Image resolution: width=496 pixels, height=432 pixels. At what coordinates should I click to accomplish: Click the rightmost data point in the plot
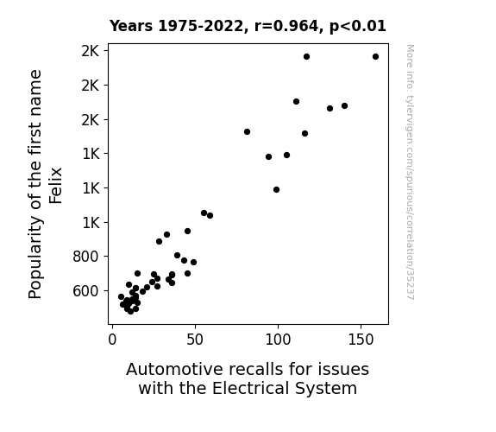pyautogui.click(x=375, y=57)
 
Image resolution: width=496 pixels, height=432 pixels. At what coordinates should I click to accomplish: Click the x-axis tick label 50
pyautogui.click(x=195, y=340)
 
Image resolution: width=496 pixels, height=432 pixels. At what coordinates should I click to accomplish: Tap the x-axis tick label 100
pyautogui.click(x=278, y=340)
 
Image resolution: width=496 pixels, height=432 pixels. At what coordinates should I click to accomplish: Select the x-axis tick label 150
pyautogui.click(x=361, y=340)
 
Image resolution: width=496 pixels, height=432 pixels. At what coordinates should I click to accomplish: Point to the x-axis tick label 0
pyautogui.click(x=112, y=340)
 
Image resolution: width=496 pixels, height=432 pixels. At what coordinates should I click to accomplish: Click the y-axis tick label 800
pyautogui.click(x=85, y=257)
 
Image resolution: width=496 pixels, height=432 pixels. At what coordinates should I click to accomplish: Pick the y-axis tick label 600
pyautogui.click(x=85, y=291)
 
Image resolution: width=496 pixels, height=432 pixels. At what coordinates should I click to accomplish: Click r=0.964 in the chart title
pyautogui.click(x=286, y=26)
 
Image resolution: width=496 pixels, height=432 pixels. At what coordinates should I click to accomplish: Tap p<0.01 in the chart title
pyautogui.click(x=358, y=26)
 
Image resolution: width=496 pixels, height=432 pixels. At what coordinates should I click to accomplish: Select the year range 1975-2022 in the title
pyautogui.click(x=200, y=26)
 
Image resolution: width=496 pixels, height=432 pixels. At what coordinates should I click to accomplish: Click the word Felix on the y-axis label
pyautogui.click(x=56, y=186)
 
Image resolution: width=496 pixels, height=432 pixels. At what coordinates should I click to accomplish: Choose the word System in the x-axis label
pyautogui.click(x=326, y=389)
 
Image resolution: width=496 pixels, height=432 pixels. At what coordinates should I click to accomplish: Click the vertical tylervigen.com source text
pyautogui.click(x=411, y=172)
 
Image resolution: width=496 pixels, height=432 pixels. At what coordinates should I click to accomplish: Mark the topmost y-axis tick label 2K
pyautogui.click(x=91, y=51)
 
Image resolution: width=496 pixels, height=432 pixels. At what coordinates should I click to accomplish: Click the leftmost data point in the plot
pyautogui.click(x=121, y=297)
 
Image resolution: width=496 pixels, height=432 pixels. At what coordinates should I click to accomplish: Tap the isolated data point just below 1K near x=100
pyautogui.click(x=277, y=190)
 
